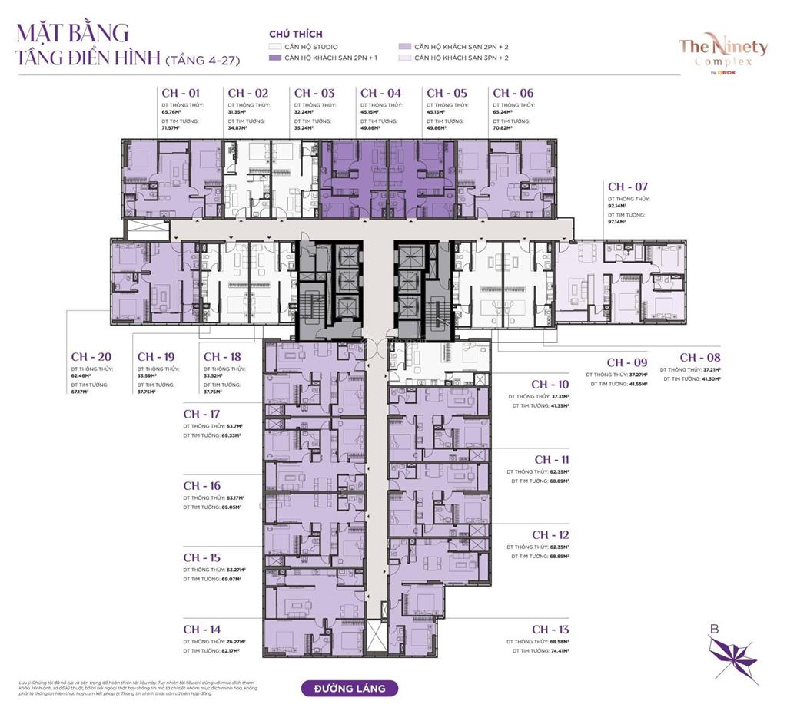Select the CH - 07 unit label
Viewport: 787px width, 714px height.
pos(628,187)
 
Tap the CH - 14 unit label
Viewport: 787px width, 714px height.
pos(201,630)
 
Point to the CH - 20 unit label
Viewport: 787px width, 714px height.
pos(91,357)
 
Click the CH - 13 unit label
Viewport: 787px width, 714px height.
pos(550,630)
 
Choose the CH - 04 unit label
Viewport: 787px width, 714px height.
pos(380,93)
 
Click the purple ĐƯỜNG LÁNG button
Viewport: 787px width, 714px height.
pos(349,688)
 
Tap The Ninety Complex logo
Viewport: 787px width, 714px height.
pos(722,51)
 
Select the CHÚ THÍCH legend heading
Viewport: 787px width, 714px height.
pos(296,35)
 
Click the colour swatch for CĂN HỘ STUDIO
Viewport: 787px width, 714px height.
pos(274,48)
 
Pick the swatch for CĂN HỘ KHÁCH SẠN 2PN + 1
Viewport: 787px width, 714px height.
pos(274,58)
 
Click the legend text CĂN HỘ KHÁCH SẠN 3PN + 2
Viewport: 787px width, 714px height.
pos(461,58)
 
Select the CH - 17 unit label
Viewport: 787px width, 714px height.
pos(201,414)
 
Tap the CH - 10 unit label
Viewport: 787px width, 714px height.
pos(550,384)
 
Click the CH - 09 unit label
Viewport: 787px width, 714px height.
pos(626,362)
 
